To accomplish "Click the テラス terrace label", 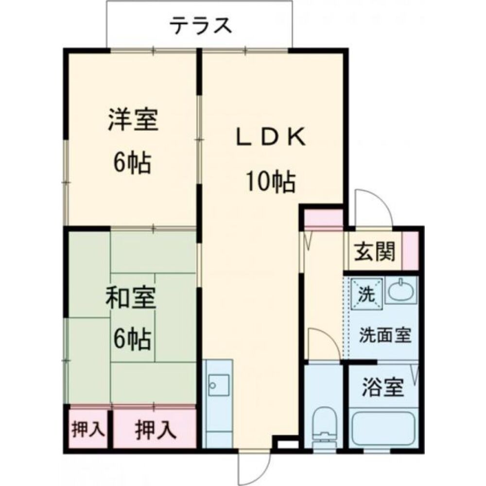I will [200, 25].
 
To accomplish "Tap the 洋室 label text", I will [133, 121].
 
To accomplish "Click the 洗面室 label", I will [385, 335].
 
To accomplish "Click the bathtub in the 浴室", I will [383, 428].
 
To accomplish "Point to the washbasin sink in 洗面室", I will [400, 291].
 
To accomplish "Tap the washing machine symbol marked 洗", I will [365, 293].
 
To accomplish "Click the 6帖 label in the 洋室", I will [132, 164].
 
